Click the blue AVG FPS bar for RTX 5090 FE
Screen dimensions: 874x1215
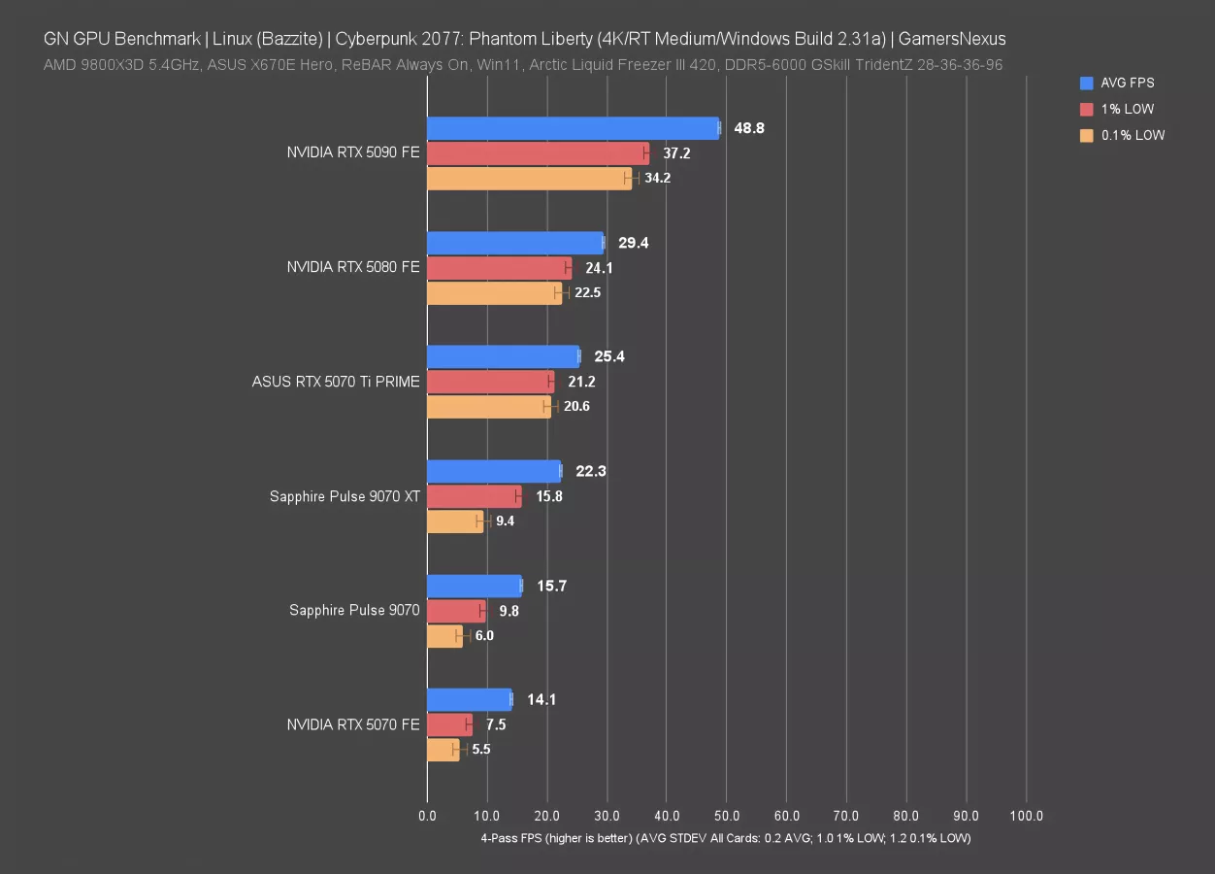coord(573,128)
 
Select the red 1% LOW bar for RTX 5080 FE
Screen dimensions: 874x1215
coord(499,268)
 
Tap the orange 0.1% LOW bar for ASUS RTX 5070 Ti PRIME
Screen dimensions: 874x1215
coord(489,407)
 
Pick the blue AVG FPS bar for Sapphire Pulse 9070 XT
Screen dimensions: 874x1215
coord(493,471)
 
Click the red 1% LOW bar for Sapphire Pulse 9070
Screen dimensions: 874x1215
coord(455,611)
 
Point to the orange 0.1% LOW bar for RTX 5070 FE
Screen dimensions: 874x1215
coord(443,750)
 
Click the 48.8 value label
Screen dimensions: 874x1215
coord(749,128)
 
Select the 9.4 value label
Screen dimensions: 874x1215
coord(505,521)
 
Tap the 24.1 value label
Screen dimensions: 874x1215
coord(599,268)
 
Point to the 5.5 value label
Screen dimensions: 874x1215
coord(481,750)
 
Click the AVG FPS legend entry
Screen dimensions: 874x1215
coord(1127,84)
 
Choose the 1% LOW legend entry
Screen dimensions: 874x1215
coord(1127,110)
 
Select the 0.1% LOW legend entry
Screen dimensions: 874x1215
coord(1133,136)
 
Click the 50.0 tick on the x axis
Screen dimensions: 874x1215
coord(727,817)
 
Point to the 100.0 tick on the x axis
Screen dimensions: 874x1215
coord(1026,817)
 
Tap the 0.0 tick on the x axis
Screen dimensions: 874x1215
coord(427,817)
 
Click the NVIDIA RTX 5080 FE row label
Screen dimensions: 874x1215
coord(353,267)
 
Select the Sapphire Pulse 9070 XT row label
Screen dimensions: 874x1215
coord(345,496)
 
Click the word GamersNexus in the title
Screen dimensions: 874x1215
coord(952,40)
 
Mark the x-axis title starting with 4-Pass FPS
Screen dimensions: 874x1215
coord(725,837)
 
